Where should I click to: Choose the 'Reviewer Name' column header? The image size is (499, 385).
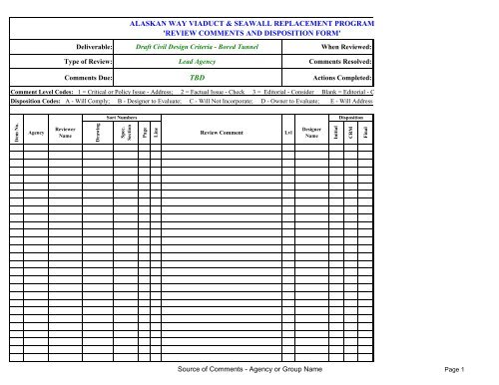tap(66, 131)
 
